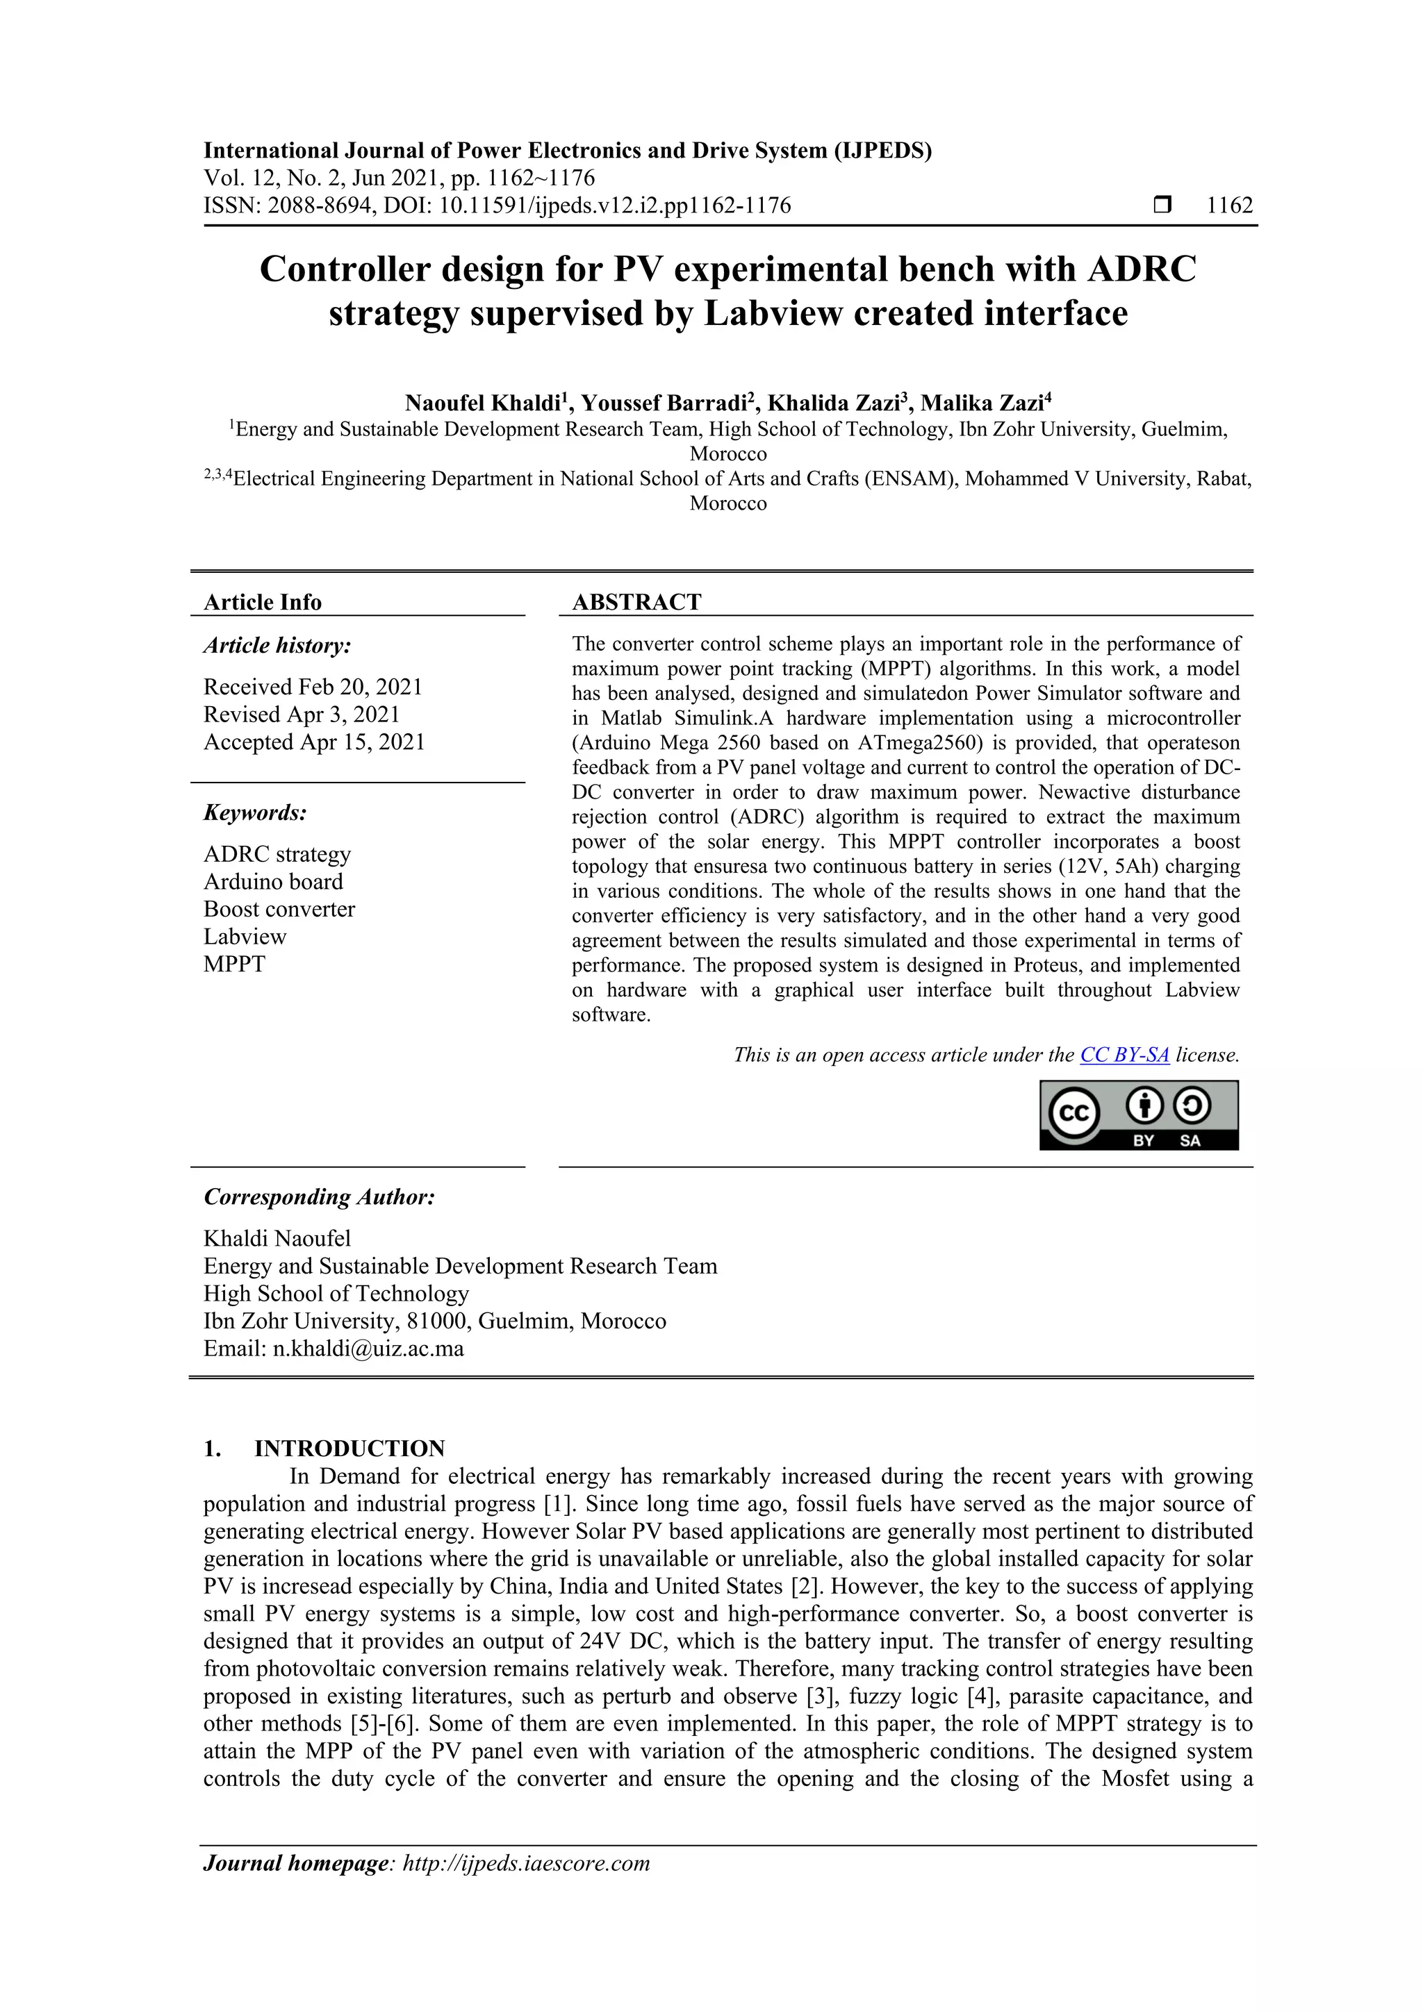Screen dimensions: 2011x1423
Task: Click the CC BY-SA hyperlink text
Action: (1124, 1055)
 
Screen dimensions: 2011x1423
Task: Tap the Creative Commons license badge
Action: (1138, 1115)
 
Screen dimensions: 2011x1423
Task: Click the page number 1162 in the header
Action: (1229, 206)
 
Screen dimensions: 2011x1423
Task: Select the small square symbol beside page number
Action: (1162, 206)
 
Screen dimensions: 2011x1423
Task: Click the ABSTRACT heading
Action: (636, 602)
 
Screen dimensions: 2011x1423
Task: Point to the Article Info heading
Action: (262, 602)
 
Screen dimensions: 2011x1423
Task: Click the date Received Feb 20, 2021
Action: (313, 687)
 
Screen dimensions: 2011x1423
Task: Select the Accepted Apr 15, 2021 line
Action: (313, 742)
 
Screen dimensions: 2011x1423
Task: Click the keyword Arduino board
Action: (272, 881)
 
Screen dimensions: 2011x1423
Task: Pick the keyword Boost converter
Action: (279, 909)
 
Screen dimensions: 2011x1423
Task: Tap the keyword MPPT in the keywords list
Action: (234, 965)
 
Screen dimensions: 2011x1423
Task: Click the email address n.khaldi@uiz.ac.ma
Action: (368, 1348)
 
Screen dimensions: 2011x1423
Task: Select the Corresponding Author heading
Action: (319, 1197)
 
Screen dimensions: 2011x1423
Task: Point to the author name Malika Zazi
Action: (981, 403)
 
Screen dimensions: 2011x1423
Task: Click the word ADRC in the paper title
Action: (1141, 269)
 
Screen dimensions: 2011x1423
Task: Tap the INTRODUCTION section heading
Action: (349, 1448)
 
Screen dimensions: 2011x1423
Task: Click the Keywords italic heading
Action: (255, 813)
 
